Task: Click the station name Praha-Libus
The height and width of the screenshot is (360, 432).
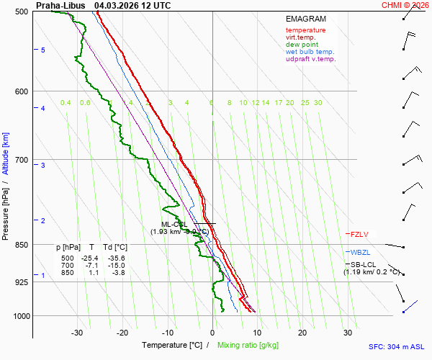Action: click(60, 5)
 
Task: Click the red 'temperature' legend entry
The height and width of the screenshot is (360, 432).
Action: click(305, 30)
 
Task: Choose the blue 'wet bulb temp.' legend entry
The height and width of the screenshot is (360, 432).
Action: click(310, 52)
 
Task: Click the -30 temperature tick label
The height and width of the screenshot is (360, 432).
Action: click(77, 333)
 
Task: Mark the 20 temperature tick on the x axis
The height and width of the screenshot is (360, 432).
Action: click(302, 333)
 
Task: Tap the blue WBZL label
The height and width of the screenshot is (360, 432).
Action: click(359, 253)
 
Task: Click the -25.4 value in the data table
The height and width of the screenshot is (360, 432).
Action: click(89, 258)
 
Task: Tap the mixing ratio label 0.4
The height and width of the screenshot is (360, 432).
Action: click(66, 103)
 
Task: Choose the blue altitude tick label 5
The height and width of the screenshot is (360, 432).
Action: click(43, 50)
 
